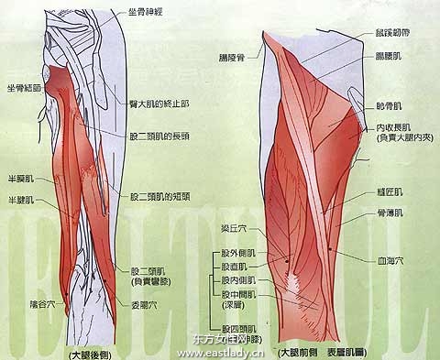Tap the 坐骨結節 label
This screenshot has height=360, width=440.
pos(22,88)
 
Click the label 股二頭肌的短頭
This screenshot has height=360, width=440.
pos(161,196)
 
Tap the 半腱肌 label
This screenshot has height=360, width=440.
pos(21,198)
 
